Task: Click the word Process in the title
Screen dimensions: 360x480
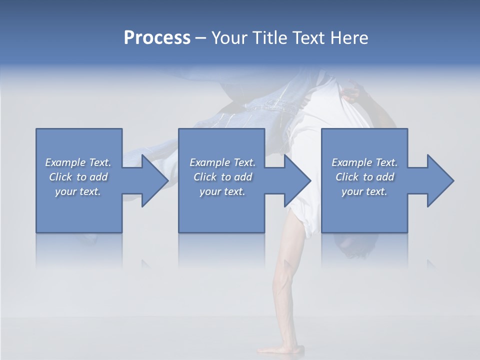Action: coord(157,38)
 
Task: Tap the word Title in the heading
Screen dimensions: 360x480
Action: coord(269,38)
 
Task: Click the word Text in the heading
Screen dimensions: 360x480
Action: coord(308,38)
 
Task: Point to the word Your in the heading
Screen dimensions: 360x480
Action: coord(230,38)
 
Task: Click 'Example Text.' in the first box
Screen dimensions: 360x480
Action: coord(78,162)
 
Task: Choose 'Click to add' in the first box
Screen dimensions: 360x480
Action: coord(78,177)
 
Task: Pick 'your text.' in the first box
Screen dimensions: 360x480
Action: coord(78,191)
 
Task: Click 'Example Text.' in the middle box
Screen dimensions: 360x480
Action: coord(222,162)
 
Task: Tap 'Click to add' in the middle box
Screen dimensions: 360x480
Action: coord(222,177)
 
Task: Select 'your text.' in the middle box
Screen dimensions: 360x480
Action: coord(222,191)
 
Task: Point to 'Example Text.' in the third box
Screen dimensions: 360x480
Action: coord(364,162)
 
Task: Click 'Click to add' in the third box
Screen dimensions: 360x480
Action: coord(364,177)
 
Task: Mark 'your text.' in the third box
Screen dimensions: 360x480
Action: coord(364,191)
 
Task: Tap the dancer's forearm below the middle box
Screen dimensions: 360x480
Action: coord(288,280)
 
